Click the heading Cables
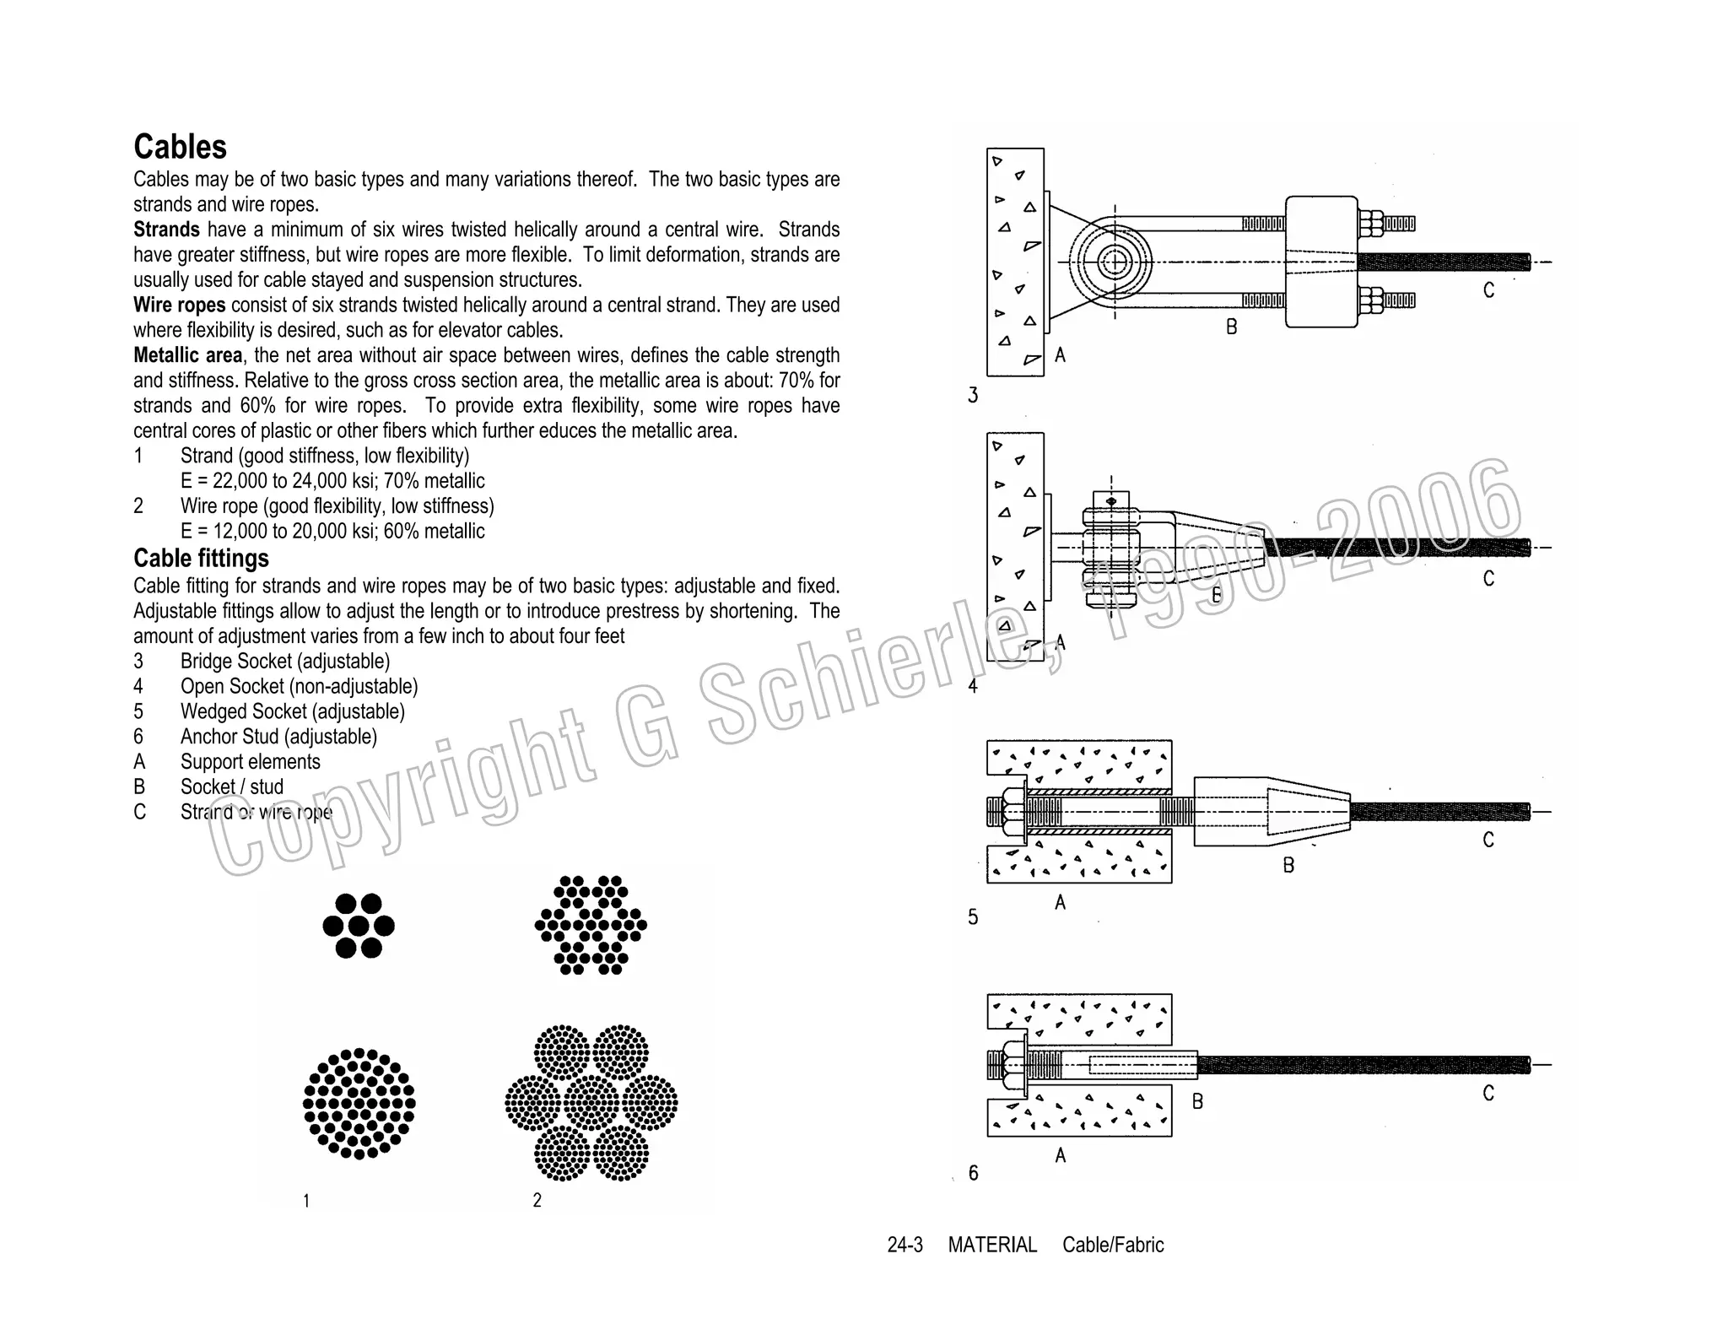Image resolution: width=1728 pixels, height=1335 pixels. point(180,147)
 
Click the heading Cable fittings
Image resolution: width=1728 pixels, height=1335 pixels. point(201,559)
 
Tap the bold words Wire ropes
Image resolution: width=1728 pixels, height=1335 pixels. point(179,305)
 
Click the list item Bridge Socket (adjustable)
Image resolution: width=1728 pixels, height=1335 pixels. point(284,662)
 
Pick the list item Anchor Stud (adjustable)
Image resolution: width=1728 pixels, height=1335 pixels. point(278,737)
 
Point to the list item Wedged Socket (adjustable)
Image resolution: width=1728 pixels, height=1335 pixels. point(292,711)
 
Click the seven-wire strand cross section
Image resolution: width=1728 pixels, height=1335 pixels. point(359,926)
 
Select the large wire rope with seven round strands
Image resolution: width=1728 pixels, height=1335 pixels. point(591,1102)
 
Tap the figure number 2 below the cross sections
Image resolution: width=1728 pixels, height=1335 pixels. point(537,1200)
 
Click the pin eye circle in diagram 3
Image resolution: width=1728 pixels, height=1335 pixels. point(1115,262)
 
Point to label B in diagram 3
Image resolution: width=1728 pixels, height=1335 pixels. point(1231,327)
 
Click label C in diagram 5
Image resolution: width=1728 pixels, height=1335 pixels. point(1488,840)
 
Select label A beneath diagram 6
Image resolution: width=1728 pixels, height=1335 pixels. point(1061,1155)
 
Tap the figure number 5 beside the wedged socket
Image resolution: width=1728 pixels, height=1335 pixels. point(973,917)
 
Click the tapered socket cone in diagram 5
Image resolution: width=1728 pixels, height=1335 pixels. point(1308,812)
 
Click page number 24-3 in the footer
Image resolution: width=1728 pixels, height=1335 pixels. point(904,1245)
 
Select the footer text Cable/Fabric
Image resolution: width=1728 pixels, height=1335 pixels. point(1113,1245)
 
